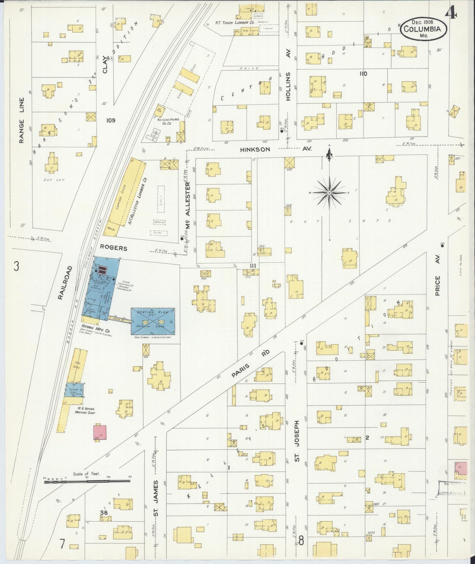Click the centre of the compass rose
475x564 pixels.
[329, 192]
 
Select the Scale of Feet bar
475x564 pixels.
[87, 482]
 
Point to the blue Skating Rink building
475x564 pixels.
[153, 320]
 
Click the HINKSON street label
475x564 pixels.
[255, 149]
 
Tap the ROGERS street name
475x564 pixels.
[113, 248]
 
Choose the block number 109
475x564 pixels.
[111, 120]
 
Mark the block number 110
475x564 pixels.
[363, 74]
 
